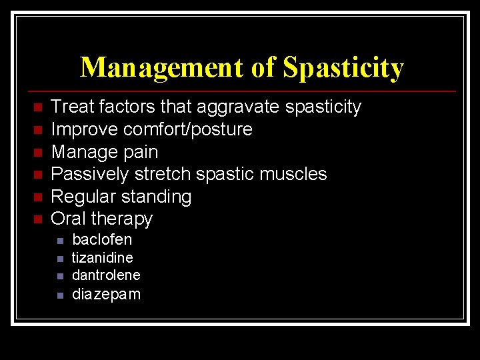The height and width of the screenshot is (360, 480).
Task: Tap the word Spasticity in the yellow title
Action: point(343,67)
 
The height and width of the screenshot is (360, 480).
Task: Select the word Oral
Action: point(69,219)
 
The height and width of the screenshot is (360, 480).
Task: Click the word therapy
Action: point(122,219)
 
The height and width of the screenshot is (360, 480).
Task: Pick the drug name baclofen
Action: point(102,239)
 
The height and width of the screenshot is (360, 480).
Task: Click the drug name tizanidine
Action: point(102,257)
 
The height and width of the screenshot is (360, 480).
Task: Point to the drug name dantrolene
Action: point(106,275)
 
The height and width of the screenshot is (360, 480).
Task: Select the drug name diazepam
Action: point(106,294)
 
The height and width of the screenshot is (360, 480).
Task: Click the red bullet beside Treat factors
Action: point(38,107)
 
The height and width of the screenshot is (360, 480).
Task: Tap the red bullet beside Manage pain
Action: point(38,153)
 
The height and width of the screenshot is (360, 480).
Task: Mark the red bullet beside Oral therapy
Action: point(38,219)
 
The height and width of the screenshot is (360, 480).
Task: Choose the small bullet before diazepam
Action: point(59,295)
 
